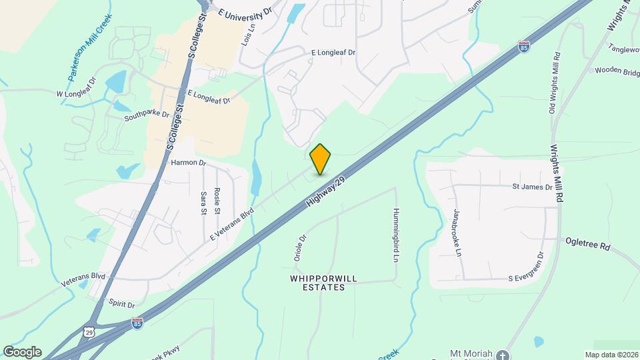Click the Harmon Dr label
point(189,163)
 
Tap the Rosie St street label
point(217,200)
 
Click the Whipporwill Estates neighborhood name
point(318,283)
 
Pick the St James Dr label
point(532,187)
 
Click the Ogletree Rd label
point(587,245)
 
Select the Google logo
point(21,352)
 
